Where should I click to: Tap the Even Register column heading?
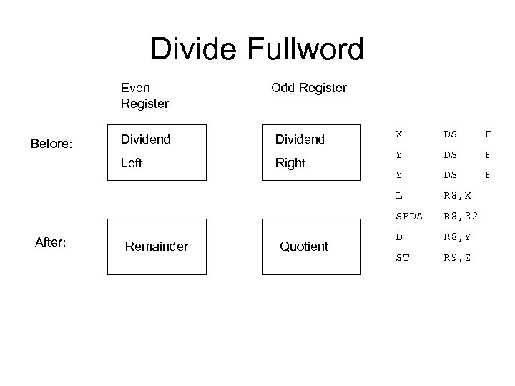[x=144, y=96]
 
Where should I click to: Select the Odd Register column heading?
[x=309, y=88]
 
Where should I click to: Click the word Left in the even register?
[x=132, y=163]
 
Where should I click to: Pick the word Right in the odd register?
[x=290, y=163]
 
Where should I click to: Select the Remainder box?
[x=156, y=247]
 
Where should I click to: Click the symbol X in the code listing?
[x=399, y=134]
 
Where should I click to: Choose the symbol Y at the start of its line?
[x=399, y=153]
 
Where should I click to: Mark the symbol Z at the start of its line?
[x=399, y=174]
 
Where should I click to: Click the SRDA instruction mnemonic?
[x=409, y=216]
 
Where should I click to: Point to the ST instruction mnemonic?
[x=403, y=257]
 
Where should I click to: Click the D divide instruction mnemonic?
[x=399, y=237]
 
